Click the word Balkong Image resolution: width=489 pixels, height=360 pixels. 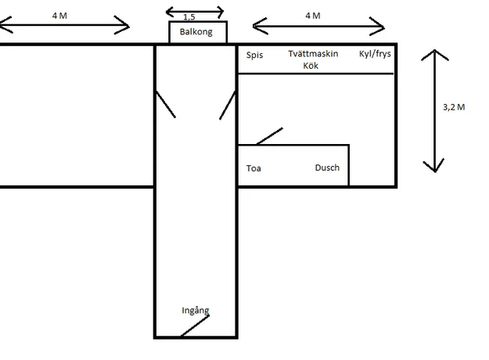coord(196,32)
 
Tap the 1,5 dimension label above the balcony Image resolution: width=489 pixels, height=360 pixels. coord(189,17)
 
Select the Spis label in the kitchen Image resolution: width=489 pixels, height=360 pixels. coord(254,56)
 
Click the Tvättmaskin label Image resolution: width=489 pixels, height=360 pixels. coord(313,54)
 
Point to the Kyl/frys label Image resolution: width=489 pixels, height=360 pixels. coord(375,54)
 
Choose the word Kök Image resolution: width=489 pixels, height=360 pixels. coord(311,66)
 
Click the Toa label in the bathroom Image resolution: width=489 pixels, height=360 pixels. coord(253,168)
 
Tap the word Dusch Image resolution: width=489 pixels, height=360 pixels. coord(327,167)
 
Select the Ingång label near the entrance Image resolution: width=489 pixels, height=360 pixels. coord(196,311)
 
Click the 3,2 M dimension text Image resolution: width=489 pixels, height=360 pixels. coord(454,107)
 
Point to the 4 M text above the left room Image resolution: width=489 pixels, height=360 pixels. coord(59,16)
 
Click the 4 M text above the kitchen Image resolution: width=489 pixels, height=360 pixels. coord(313,16)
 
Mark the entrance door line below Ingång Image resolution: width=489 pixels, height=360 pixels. coord(195,326)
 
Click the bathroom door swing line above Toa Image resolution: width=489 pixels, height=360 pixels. coord(269,136)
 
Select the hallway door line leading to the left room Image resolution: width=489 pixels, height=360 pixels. coord(166,104)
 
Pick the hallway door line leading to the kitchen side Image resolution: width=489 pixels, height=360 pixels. coord(228,105)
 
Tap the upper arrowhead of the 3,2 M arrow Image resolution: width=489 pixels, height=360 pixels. coord(435,55)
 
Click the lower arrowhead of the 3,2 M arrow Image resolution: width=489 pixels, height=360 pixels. coord(434,166)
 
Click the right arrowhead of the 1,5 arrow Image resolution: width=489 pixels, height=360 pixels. coord(220,13)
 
